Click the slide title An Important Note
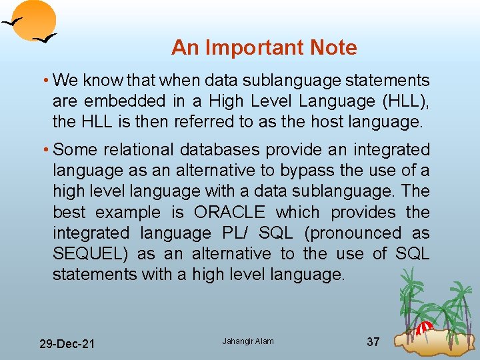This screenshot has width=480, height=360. [x=264, y=48]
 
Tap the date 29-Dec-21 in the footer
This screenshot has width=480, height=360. [x=67, y=344]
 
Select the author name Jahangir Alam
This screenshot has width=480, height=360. [x=248, y=341]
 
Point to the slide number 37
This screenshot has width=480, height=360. [x=373, y=342]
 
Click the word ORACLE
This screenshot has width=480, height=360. [x=229, y=213]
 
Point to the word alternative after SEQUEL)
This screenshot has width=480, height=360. [x=231, y=254]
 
